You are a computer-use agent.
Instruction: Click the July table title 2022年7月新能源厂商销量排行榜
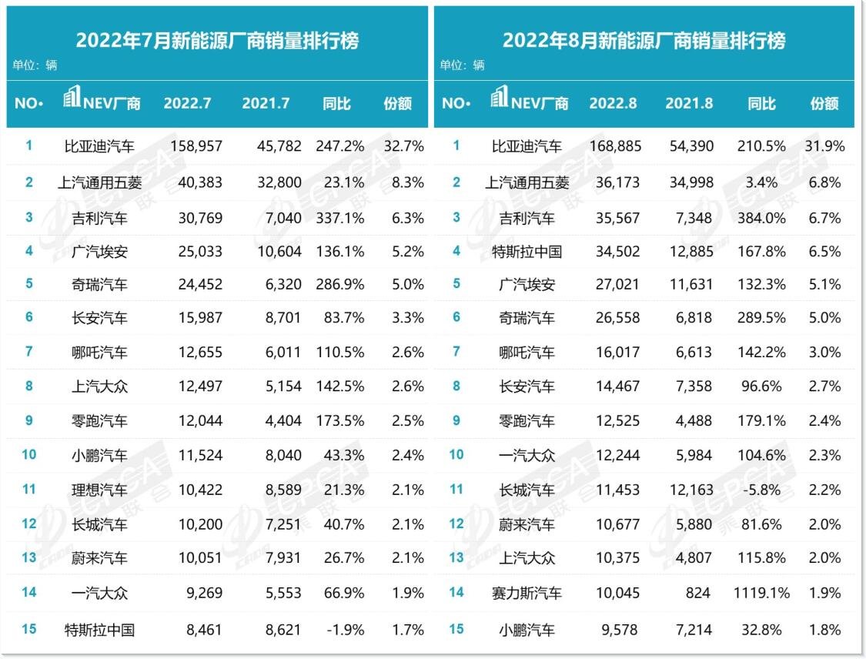[217, 41]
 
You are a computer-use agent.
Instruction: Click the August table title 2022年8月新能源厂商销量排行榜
[644, 41]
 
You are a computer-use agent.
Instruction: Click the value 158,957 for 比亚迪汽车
[193, 146]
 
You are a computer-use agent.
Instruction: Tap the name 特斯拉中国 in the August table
[527, 251]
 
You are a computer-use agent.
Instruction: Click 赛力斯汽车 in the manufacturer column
[527, 593]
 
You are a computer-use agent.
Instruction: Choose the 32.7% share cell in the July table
[406, 146]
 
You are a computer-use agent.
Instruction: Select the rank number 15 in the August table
[456, 629]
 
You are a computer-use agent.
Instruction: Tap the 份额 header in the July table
[397, 104]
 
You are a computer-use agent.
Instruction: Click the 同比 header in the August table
[761, 104]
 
